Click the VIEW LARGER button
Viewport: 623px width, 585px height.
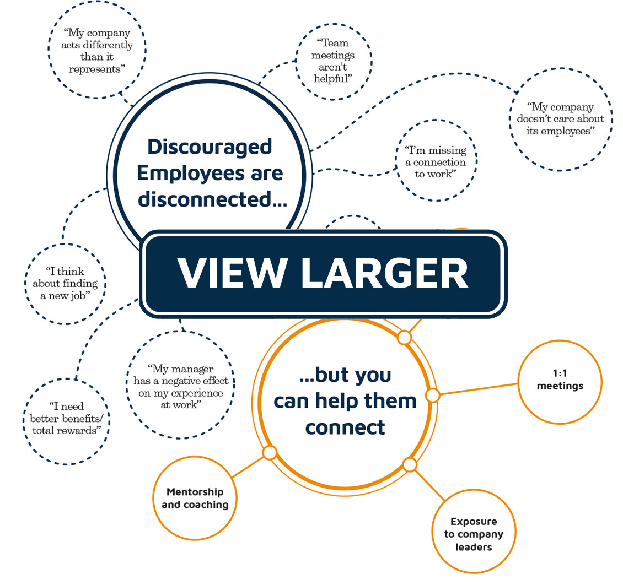click(x=323, y=274)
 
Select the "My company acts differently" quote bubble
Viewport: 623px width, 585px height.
click(x=97, y=51)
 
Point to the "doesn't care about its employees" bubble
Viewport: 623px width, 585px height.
click(x=561, y=119)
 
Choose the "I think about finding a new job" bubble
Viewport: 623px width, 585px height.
click(x=65, y=284)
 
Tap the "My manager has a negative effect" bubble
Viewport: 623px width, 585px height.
click(x=181, y=386)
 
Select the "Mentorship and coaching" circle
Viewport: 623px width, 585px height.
click(x=195, y=497)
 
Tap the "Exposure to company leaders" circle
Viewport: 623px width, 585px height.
click(x=474, y=534)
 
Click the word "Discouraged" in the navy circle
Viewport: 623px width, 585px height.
click(x=210, y=147)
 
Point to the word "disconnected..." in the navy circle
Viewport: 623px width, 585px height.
click(x=212, y=199)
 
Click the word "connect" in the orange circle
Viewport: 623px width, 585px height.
click(x=345, y=427)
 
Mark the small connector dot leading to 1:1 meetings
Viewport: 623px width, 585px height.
click(x=433, y=395)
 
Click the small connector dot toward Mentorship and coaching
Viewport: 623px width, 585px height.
click(x=270, y=453)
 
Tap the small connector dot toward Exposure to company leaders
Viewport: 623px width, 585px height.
click(x=410, y=465)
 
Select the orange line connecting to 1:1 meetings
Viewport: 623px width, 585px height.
click(x=477, y=388)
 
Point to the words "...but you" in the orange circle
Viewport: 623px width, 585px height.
click(x=345, y=375)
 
